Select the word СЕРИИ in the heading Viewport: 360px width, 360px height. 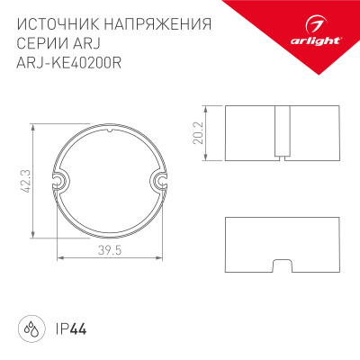pos(40,44)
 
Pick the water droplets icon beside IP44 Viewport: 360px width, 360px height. pos(31,326)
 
